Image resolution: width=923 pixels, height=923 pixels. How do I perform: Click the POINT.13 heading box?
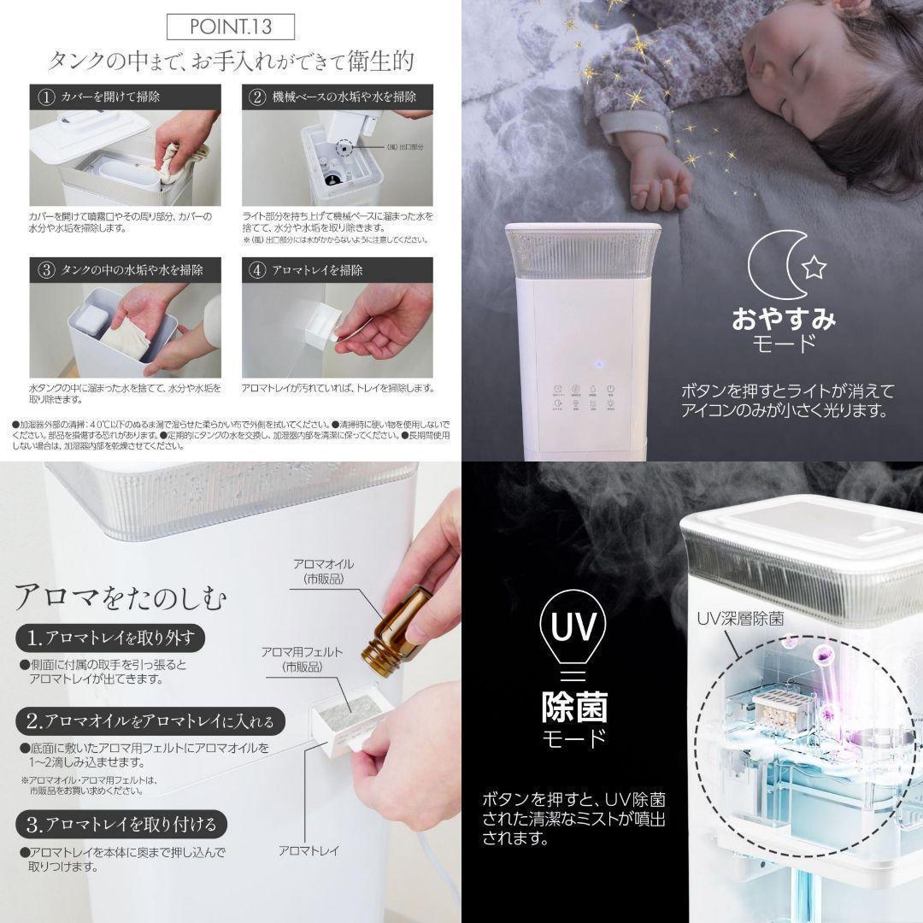[231, 26]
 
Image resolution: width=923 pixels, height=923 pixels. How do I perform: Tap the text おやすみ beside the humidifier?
[783, 320]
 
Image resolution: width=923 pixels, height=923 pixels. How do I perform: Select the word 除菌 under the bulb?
[574, 707]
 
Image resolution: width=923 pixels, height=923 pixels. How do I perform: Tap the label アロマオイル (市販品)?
[322, 571]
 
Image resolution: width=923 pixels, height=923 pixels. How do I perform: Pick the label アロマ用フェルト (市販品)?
[302, 659]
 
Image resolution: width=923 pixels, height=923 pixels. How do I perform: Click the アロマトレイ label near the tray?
[309, 850]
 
